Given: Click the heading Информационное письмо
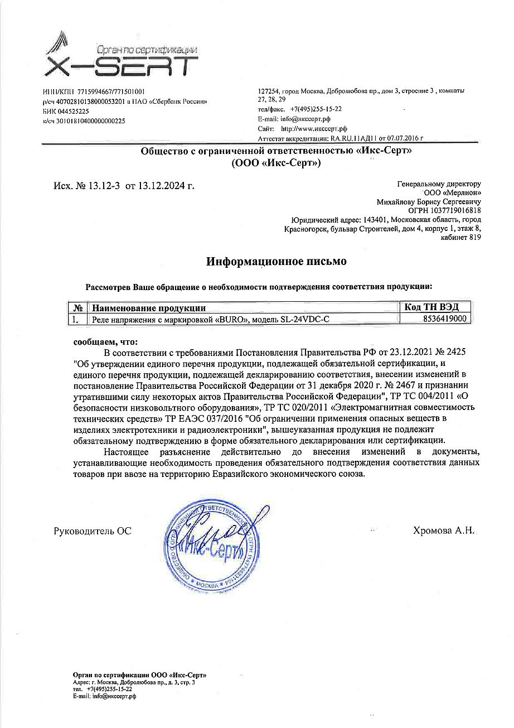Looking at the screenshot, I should tap(277, 261).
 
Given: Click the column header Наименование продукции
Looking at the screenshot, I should tap(149, 308).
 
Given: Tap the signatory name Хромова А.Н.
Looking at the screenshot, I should tap(443, 531).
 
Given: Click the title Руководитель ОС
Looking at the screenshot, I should tap(92, 531).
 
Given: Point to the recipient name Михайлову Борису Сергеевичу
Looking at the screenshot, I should tap(429, 201).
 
